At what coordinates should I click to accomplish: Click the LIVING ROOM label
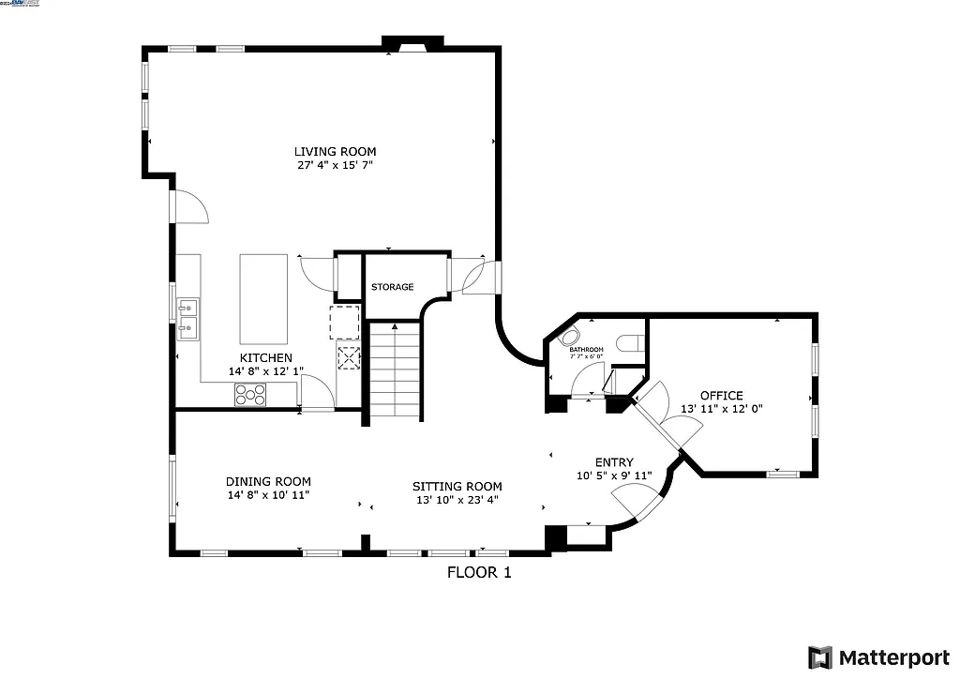(x=335, y=151)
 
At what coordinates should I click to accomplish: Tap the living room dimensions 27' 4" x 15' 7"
(x=335, y=165)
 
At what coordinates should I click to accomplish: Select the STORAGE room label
(x=392, y=287)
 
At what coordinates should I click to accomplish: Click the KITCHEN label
(x=266, y=358)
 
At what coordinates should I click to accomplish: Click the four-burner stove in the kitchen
(x=250, y=395)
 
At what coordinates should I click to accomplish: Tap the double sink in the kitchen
(x=188, y=316)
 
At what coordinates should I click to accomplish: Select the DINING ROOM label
(x=268, y=481)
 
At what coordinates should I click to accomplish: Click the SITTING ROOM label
(x=457, y=486)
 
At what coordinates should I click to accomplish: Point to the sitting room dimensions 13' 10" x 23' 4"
(x=457, y=500)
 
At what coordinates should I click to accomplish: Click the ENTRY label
(x=614, y=462)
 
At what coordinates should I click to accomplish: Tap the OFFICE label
(x=721, y=396)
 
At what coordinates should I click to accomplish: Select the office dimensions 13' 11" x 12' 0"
(x=721, y=409)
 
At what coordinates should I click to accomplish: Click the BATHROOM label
(x=587, y=350)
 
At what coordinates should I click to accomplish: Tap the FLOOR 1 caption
(x=478, y=571)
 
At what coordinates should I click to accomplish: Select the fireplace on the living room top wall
(x=412, y=44)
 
